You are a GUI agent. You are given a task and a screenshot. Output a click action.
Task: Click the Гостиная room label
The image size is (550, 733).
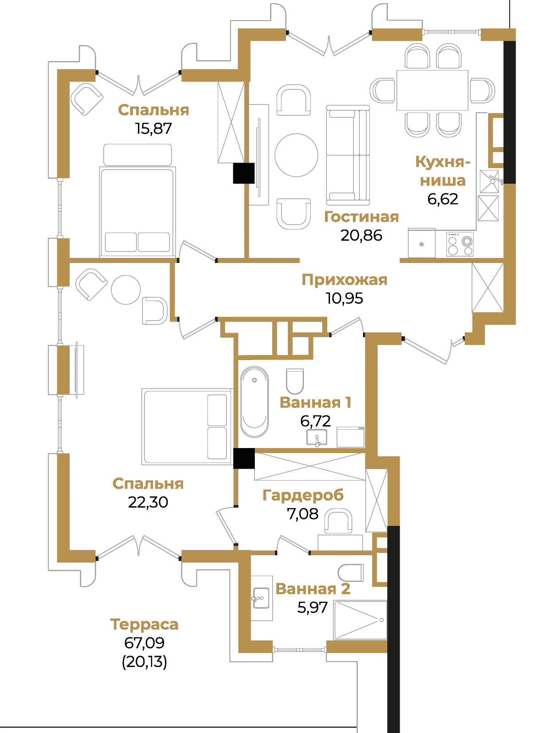coord(361,217)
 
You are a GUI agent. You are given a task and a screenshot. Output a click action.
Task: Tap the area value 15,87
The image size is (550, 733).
coord(153,129)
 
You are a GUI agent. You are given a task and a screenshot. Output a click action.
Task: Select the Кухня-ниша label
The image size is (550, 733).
coord(443,171)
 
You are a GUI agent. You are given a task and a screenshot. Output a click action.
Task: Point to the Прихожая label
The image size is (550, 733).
coord(344,280)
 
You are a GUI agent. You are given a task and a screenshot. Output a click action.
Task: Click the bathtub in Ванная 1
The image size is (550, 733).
coord(254,402)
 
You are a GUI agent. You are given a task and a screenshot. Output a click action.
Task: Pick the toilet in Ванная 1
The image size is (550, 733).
coord(295,381)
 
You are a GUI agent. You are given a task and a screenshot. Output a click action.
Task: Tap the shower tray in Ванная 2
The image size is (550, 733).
coord(360,620)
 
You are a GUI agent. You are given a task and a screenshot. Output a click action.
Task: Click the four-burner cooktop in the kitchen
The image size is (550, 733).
coord(460,245)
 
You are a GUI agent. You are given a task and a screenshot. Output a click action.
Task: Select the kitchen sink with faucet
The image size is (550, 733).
coord(489,181)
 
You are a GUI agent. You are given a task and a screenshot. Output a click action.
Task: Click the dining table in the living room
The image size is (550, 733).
coord(432,90)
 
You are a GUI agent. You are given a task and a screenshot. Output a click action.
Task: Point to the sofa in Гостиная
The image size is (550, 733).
coord(348,155)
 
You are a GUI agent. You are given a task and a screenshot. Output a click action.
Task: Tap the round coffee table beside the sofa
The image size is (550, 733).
coord(296,155)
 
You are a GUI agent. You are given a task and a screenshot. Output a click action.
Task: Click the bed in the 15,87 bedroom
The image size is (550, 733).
coord(137,200)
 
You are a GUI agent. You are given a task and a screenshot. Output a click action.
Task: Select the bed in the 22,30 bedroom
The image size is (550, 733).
coord(187,427)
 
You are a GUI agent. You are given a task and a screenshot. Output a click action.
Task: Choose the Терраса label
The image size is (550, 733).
coord(144,624)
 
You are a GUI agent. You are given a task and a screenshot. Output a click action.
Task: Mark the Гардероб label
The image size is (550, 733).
coord(303,495)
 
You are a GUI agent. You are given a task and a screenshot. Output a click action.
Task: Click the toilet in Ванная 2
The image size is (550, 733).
coord(351,573)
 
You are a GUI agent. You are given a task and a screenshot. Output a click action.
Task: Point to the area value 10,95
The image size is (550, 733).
coord(344,299)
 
